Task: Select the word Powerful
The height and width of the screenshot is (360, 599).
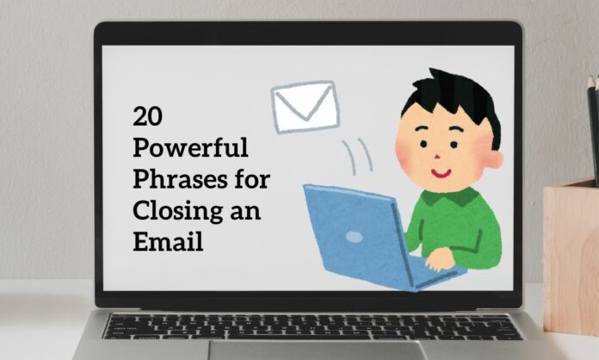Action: point(190,148)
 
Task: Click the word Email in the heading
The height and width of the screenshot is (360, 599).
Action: point(168,242)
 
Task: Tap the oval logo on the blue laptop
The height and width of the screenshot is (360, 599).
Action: point(354,236)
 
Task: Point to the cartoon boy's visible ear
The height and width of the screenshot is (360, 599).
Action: point(494,159)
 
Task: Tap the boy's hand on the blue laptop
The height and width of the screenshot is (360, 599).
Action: point(440,258)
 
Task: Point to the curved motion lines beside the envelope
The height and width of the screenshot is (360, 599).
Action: point(355,155)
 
